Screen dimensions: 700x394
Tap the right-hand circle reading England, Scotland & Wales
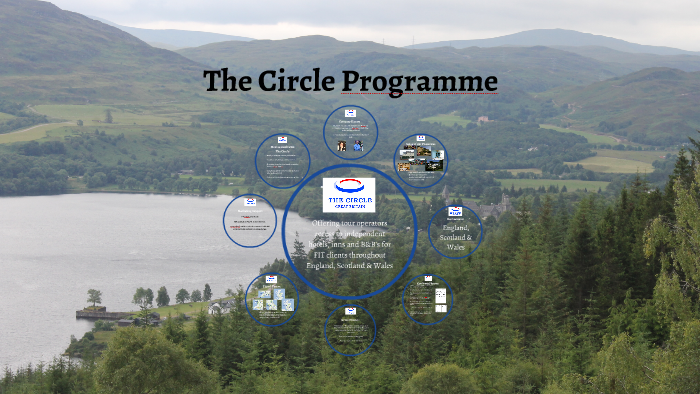455,231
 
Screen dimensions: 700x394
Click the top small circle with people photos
350,132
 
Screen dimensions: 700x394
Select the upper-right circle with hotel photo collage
420,159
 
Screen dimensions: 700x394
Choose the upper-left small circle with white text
282,160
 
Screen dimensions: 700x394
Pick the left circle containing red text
249,221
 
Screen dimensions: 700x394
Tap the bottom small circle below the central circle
350,327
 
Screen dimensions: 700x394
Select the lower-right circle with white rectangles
427,299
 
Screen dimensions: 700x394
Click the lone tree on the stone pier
94,297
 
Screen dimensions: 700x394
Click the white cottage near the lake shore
218,307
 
